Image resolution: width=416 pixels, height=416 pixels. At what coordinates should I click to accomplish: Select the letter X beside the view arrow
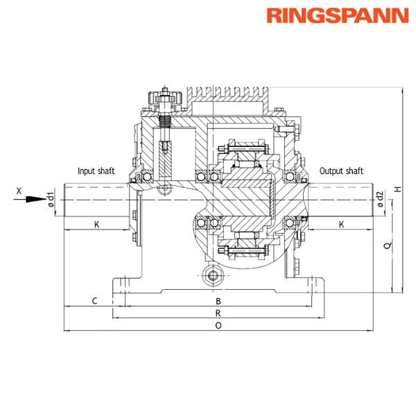coord(19,189)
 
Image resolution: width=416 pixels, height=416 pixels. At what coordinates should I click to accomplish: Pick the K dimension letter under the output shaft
coord(340,224)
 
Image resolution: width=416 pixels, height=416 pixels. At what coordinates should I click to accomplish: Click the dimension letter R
coord(218,313)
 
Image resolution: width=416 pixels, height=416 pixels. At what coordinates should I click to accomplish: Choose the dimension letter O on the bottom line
coord(218,324)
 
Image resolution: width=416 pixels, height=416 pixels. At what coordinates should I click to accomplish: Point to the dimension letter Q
coord(386,246)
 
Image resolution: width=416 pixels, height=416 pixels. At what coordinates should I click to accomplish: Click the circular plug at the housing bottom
coord(214,275)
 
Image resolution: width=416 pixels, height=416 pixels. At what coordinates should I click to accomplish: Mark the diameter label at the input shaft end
coord(50,200)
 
